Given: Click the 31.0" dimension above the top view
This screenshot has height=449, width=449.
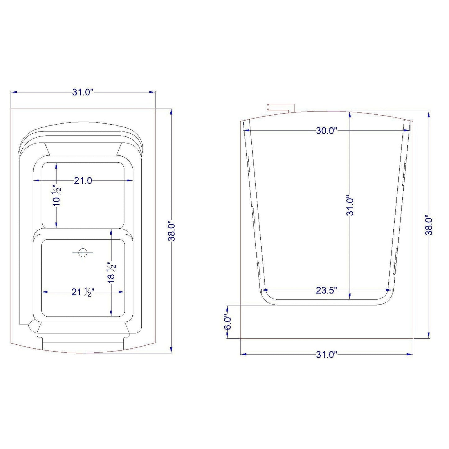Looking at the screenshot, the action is point(83,93).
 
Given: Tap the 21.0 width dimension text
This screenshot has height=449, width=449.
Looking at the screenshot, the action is point(83,180).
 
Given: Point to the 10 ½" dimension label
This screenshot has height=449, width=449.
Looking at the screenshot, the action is point(57,195).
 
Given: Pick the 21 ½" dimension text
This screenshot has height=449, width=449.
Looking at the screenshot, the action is point(83,292).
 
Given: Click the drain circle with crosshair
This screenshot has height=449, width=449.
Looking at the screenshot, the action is point(83,252).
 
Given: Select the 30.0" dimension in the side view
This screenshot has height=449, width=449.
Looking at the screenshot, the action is point(327,131).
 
